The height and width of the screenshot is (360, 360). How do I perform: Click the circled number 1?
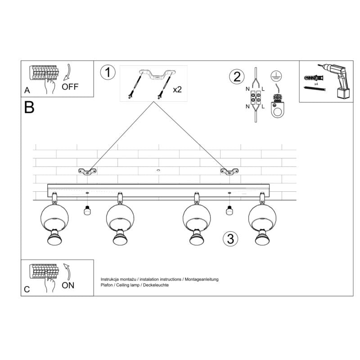coord(108,73)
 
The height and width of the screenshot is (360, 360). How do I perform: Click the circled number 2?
coord(235,77)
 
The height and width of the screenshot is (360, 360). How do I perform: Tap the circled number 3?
coord(230,238)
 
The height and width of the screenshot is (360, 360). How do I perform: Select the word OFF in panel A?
coord(70,87)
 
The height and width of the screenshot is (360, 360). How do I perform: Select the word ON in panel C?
coord(68,285)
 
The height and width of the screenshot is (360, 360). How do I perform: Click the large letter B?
coord(29,108)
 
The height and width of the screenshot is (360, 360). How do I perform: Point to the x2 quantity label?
coord(177,90)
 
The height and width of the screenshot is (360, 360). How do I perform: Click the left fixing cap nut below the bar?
coord(87,209)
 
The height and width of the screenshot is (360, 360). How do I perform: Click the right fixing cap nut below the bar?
coord(229,209)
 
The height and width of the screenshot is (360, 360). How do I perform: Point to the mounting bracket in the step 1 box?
coord(157,75)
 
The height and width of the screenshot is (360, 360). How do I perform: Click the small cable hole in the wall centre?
coord(158,171)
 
